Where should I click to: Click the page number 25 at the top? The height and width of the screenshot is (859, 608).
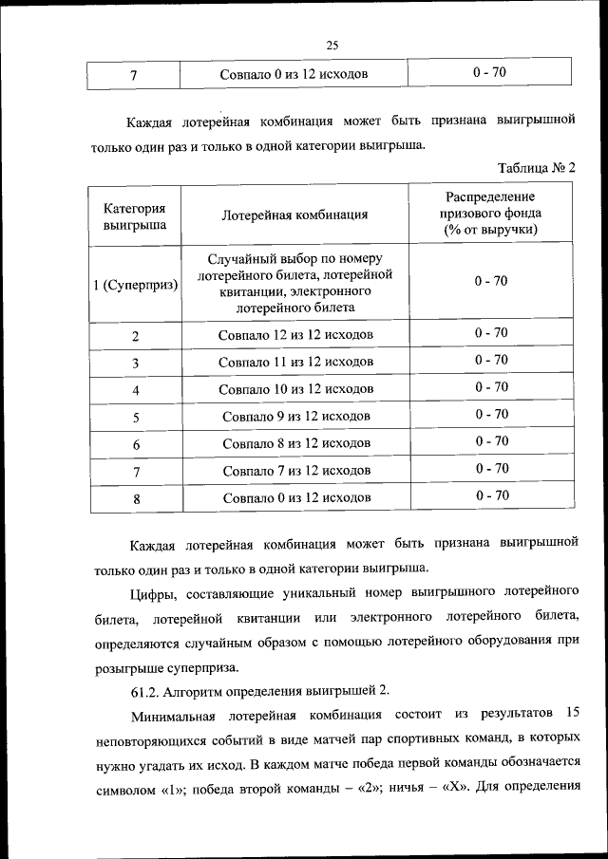click(332, 45)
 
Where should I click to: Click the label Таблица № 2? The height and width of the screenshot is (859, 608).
click(539, 167)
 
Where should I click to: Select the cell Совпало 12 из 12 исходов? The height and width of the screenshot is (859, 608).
click(294, 334)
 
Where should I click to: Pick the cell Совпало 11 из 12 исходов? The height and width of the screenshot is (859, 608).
click(294, 362)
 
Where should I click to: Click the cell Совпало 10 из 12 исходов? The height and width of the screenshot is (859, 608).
click(294, 389)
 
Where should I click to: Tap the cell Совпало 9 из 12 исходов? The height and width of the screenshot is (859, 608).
click(294, 416)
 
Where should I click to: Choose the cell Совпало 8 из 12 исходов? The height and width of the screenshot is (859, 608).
click(294, 443)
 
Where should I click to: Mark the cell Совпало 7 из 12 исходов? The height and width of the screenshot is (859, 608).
click(294, 471)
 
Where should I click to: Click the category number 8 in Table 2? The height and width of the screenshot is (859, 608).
click(136, 498)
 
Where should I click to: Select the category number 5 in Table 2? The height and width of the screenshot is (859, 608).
click(136, 417)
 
